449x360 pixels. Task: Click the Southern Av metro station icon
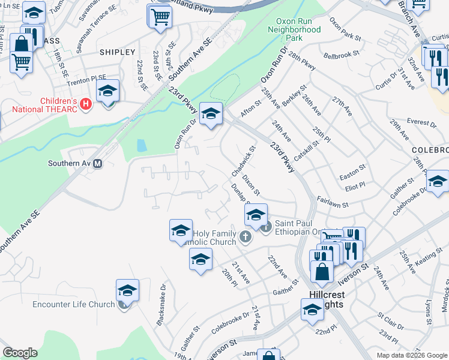pyautogui.click(x=97, y=163)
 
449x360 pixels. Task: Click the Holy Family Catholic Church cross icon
pyautogui.click(x=245, y=236)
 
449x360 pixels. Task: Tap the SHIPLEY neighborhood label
pyautogui.click(x=118, y=52)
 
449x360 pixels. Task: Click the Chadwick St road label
pyautogui.click(x=244, y=161)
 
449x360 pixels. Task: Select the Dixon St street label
pyautogui.click(x=250, y=185)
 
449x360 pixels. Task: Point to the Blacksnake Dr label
pyautogui.click(x=160, y=313)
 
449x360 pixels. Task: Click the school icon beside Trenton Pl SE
pyautogui.click(x=108, y=91)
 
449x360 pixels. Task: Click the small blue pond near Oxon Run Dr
pyautogui.click(x=141, y=146)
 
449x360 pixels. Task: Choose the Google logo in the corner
pyautogui.click(x=20, y=353)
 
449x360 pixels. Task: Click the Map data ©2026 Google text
pyautogui.click(x=411, y=355)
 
